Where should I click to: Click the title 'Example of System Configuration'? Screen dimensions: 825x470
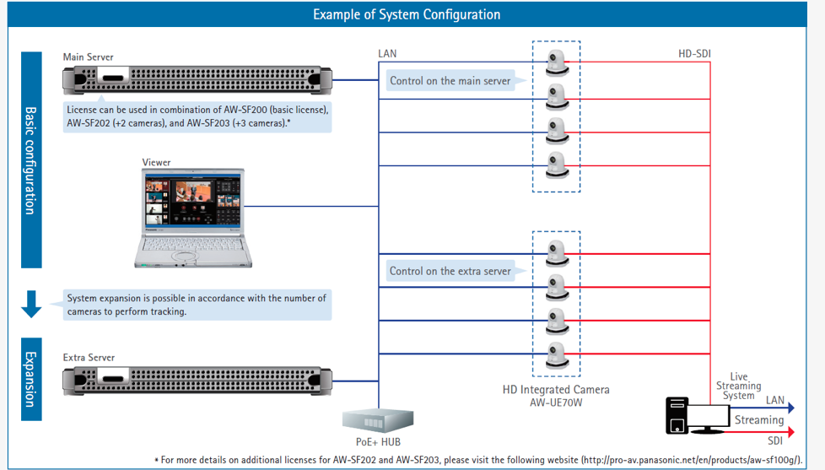click(x=407, y=14)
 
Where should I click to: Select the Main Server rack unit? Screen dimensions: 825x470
click(x=197, y=80)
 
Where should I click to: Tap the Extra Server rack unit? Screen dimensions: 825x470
click(x=197, y=381)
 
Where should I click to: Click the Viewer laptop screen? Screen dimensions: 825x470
click(x=193, y=199)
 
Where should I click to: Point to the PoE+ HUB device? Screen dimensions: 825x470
click(x=378, y=420)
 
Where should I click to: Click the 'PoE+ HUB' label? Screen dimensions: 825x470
click(x=378, y=442)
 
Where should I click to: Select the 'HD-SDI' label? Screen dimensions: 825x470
click(x=694, y=54)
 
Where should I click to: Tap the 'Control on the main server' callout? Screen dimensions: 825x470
click(x=450, y=80)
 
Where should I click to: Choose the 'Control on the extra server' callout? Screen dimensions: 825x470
click(x=450, y=271)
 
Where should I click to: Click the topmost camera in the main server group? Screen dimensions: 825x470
click(x=557, y=62)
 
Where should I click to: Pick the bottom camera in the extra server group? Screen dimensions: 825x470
click(x=557, y=354)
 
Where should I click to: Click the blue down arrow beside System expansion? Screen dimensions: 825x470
click(x=31, y=304)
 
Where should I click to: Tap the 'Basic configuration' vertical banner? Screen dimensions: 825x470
click(x=31, y=160)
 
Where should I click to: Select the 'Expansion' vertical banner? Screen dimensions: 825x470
click(x=31, y=379)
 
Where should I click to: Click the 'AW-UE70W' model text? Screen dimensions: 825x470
click(x=556, y=403)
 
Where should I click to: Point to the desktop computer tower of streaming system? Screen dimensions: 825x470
click(x=677, y=416)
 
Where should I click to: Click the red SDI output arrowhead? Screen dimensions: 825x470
click(x=790, y=432)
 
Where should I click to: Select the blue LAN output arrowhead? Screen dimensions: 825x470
click(x=790, y=408)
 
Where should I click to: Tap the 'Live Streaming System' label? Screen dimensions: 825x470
click(x=738, y=386)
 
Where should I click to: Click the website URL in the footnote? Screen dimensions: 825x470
click(x=692, y=460)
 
